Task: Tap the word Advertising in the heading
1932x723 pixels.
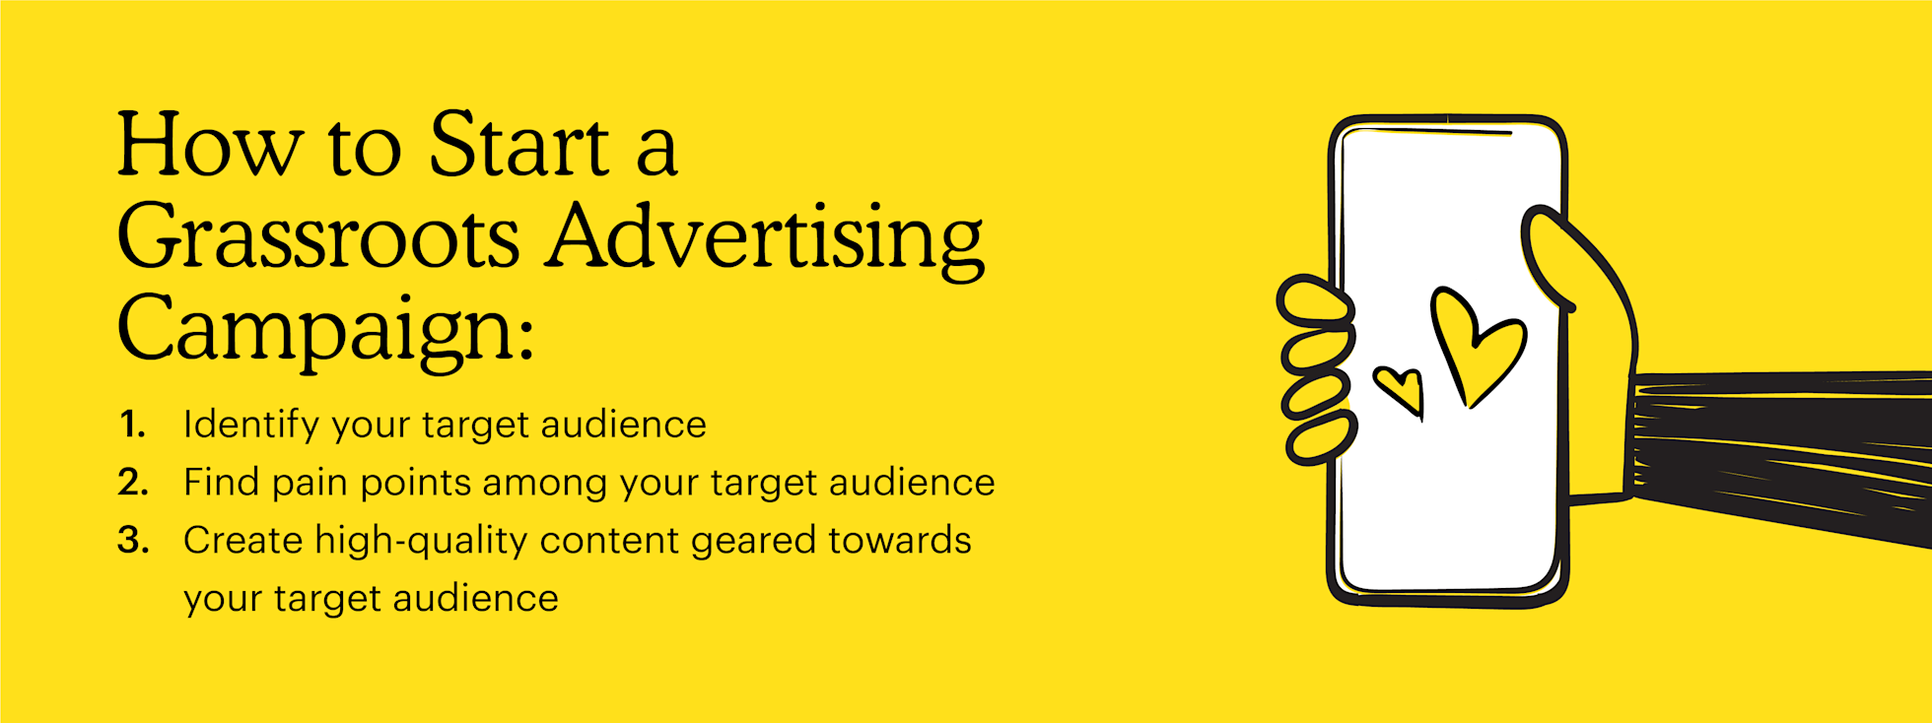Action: (766, 238)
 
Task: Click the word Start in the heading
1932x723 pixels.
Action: (518, 146)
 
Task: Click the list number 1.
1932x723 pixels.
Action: (132, 425)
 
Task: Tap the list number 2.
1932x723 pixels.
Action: (133, 483)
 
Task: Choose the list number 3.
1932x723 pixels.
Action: (133, 541)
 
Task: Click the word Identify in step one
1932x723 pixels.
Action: (251, 425)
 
